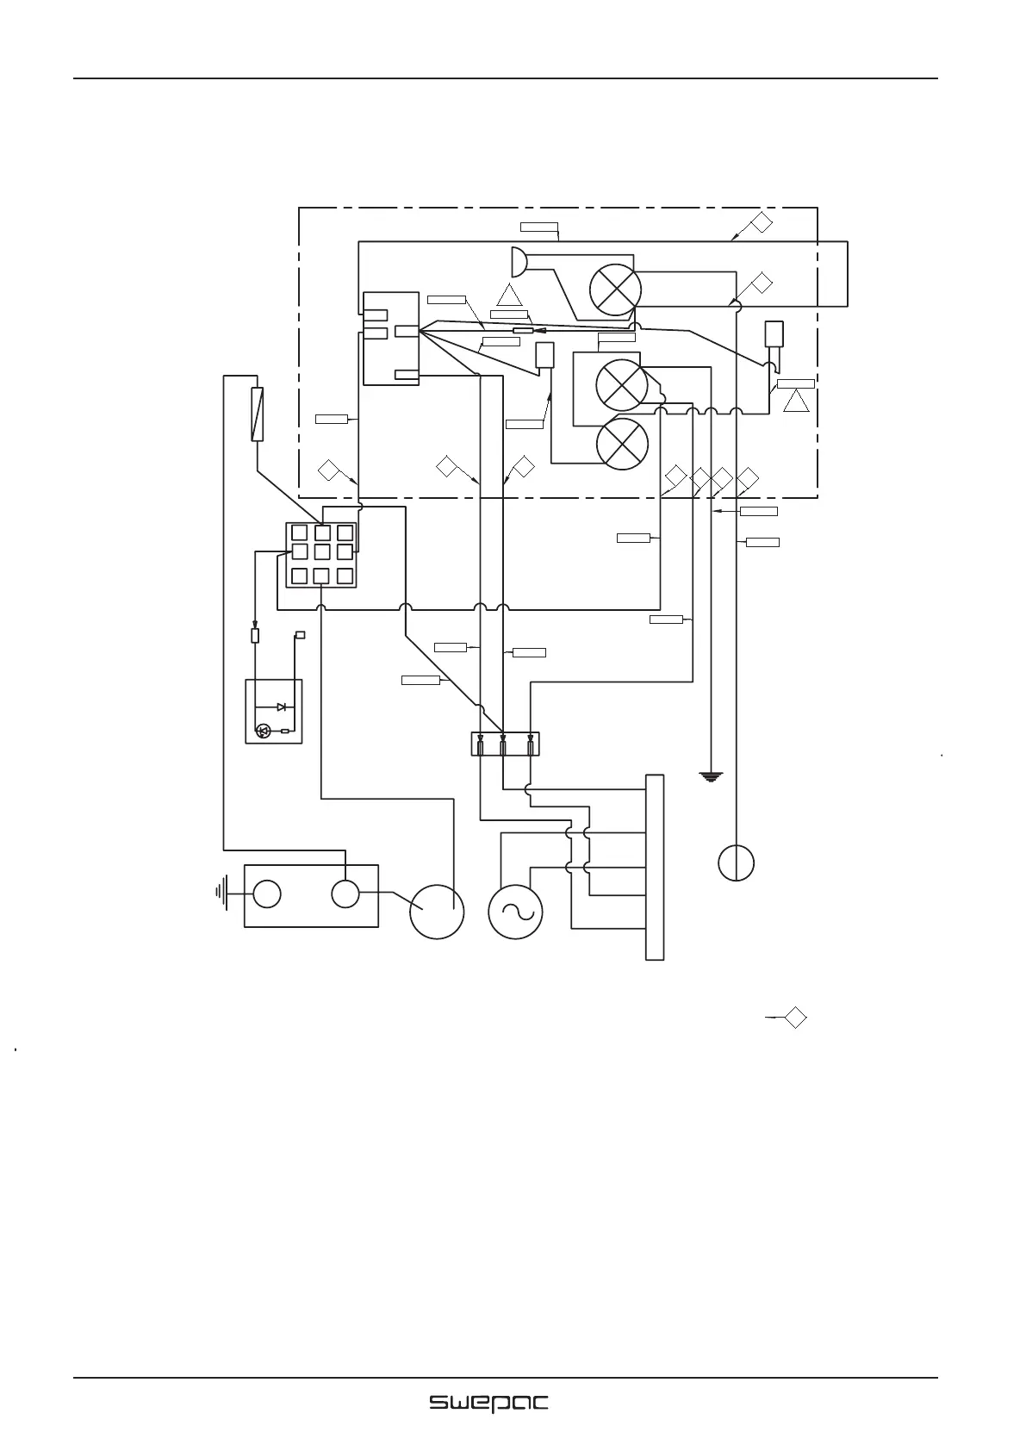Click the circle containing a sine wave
coord(515,912)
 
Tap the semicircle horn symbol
coord(519,261)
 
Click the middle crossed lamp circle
coord(621,385)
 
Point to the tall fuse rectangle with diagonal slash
coord(257,414)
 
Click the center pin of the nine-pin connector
coord(322,551)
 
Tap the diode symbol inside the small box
coord(282,707)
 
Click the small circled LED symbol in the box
coord(264,732)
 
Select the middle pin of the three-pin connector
coord(503,744)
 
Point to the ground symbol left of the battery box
coord(221,894)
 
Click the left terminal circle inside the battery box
coord(267,894)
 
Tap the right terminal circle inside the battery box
coord(345,894)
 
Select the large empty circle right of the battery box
coord(437,912)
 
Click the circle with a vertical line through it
coord(737,863)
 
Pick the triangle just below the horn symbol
coord(509,296)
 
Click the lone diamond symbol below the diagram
coord(796,1018)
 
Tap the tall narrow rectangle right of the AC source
coord(655,867)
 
